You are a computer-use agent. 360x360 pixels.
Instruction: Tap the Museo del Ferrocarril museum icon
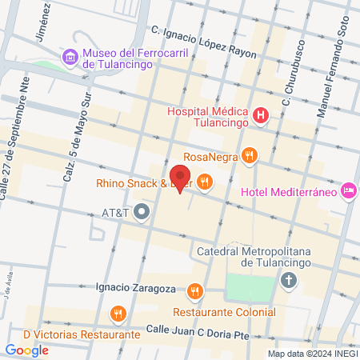(70, 56)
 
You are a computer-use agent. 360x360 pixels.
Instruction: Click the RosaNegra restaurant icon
(250, 156)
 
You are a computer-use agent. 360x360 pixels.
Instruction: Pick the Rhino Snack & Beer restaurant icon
(206, 182)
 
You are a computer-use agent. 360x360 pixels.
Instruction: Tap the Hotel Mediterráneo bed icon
(348, 190)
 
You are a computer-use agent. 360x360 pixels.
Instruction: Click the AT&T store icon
(142, 213)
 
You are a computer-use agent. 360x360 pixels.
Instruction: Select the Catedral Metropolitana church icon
(288, 281)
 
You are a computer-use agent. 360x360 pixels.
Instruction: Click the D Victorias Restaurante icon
(118, 313)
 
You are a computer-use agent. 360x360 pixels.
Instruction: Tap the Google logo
(26, 350)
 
